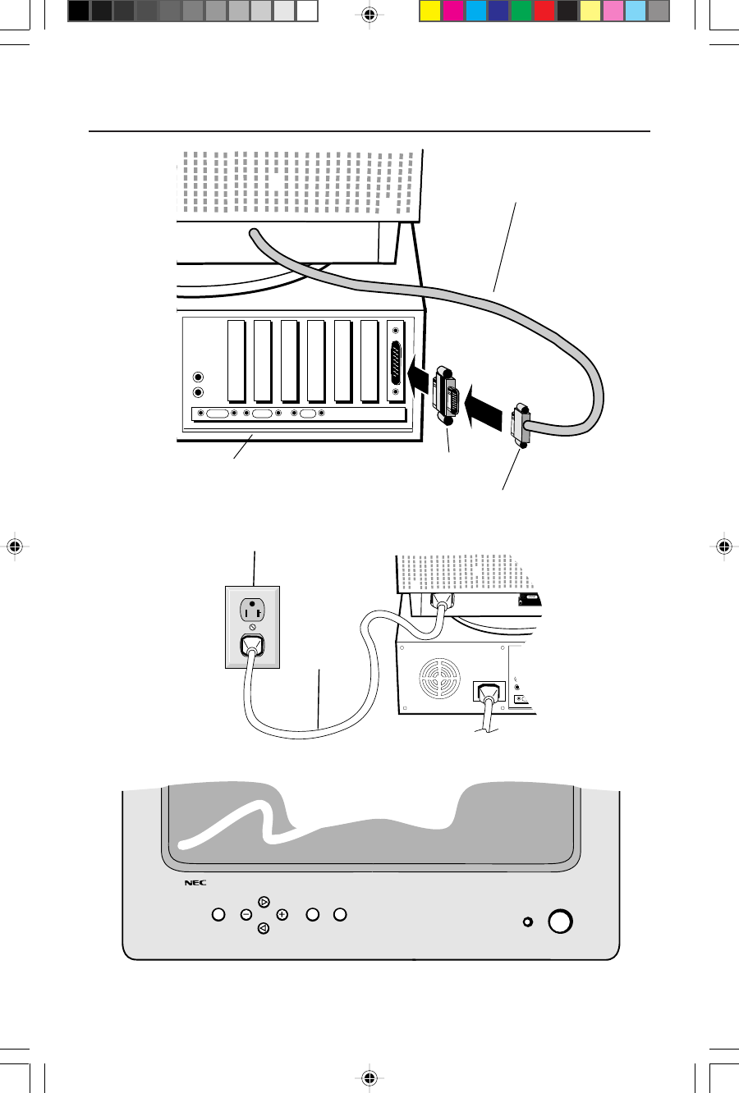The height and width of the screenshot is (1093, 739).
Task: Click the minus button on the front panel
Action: [246, 914]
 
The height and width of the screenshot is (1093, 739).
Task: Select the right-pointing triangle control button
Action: [264, 902]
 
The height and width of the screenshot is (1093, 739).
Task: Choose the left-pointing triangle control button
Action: [263, 928]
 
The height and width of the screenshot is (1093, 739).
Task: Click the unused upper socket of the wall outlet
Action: [252, 610]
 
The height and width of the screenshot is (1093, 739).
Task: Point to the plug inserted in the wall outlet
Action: [252, 646]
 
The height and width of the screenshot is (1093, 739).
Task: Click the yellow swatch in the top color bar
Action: [430, 11]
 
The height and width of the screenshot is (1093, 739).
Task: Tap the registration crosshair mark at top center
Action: [369, 14]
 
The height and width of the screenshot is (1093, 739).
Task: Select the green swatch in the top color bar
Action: [521, 11]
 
